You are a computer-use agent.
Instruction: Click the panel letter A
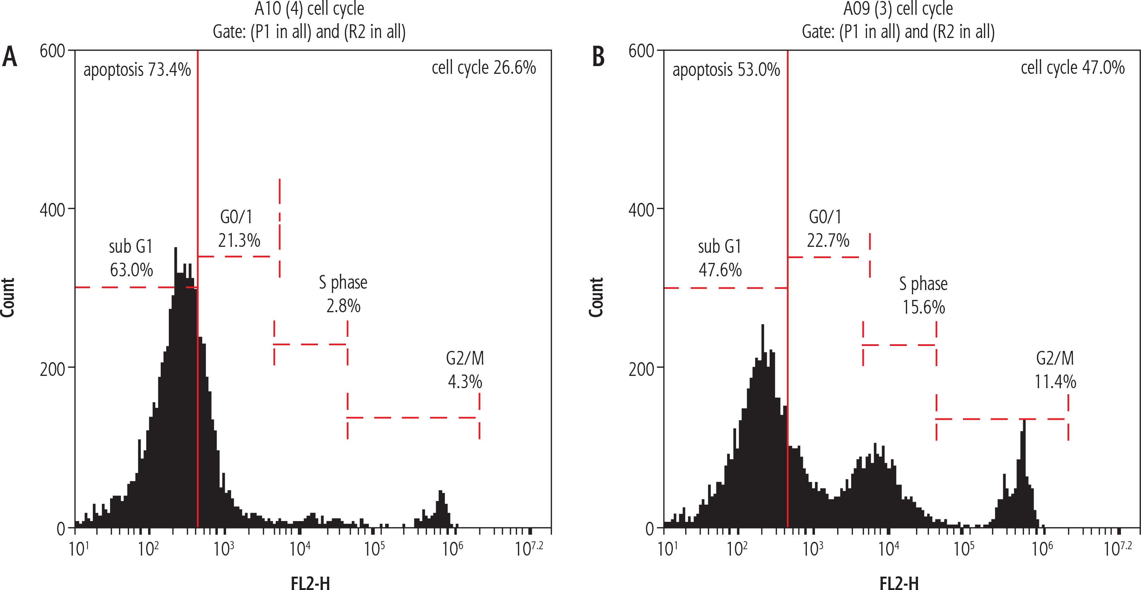click(x=10, y=58)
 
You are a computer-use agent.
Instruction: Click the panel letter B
click(x=598, y=58)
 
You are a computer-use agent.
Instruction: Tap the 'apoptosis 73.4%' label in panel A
click(x=137, y=70)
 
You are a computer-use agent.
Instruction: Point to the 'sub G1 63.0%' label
click(x=131, y=258)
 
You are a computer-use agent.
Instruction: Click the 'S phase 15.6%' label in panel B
click(x=924, y=295)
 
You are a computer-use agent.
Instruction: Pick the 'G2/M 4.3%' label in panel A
click(x=465, y=370)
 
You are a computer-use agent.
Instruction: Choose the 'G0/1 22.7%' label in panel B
click(x=827, y=229)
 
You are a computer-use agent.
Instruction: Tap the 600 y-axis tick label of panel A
click(x=52, y=51)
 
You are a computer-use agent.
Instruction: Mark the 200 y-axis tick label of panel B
click(x=641, y=368)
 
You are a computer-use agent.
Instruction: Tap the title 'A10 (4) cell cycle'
click(x=309, y=9)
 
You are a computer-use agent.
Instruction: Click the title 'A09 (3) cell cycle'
click(x=898, y=9)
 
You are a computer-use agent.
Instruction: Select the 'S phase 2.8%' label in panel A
click(x=343, y=294)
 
